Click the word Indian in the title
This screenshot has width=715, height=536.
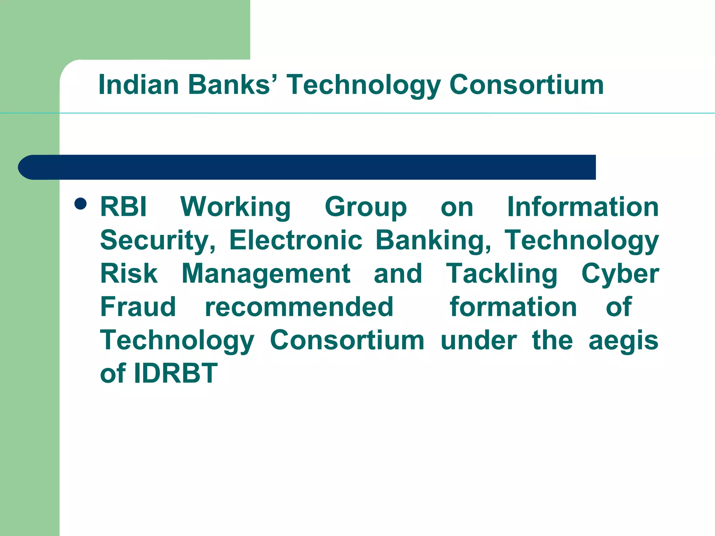139,85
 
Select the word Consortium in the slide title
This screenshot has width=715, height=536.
526,85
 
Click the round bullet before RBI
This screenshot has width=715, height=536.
81,203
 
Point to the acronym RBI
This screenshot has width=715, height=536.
123,207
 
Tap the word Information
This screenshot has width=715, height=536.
583,207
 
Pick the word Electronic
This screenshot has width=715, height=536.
296,240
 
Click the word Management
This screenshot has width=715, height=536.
266,274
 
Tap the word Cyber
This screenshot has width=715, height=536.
620,274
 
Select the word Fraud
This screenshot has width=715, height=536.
138,307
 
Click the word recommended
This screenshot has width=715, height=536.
299,307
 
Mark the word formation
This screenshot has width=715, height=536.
513,307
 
